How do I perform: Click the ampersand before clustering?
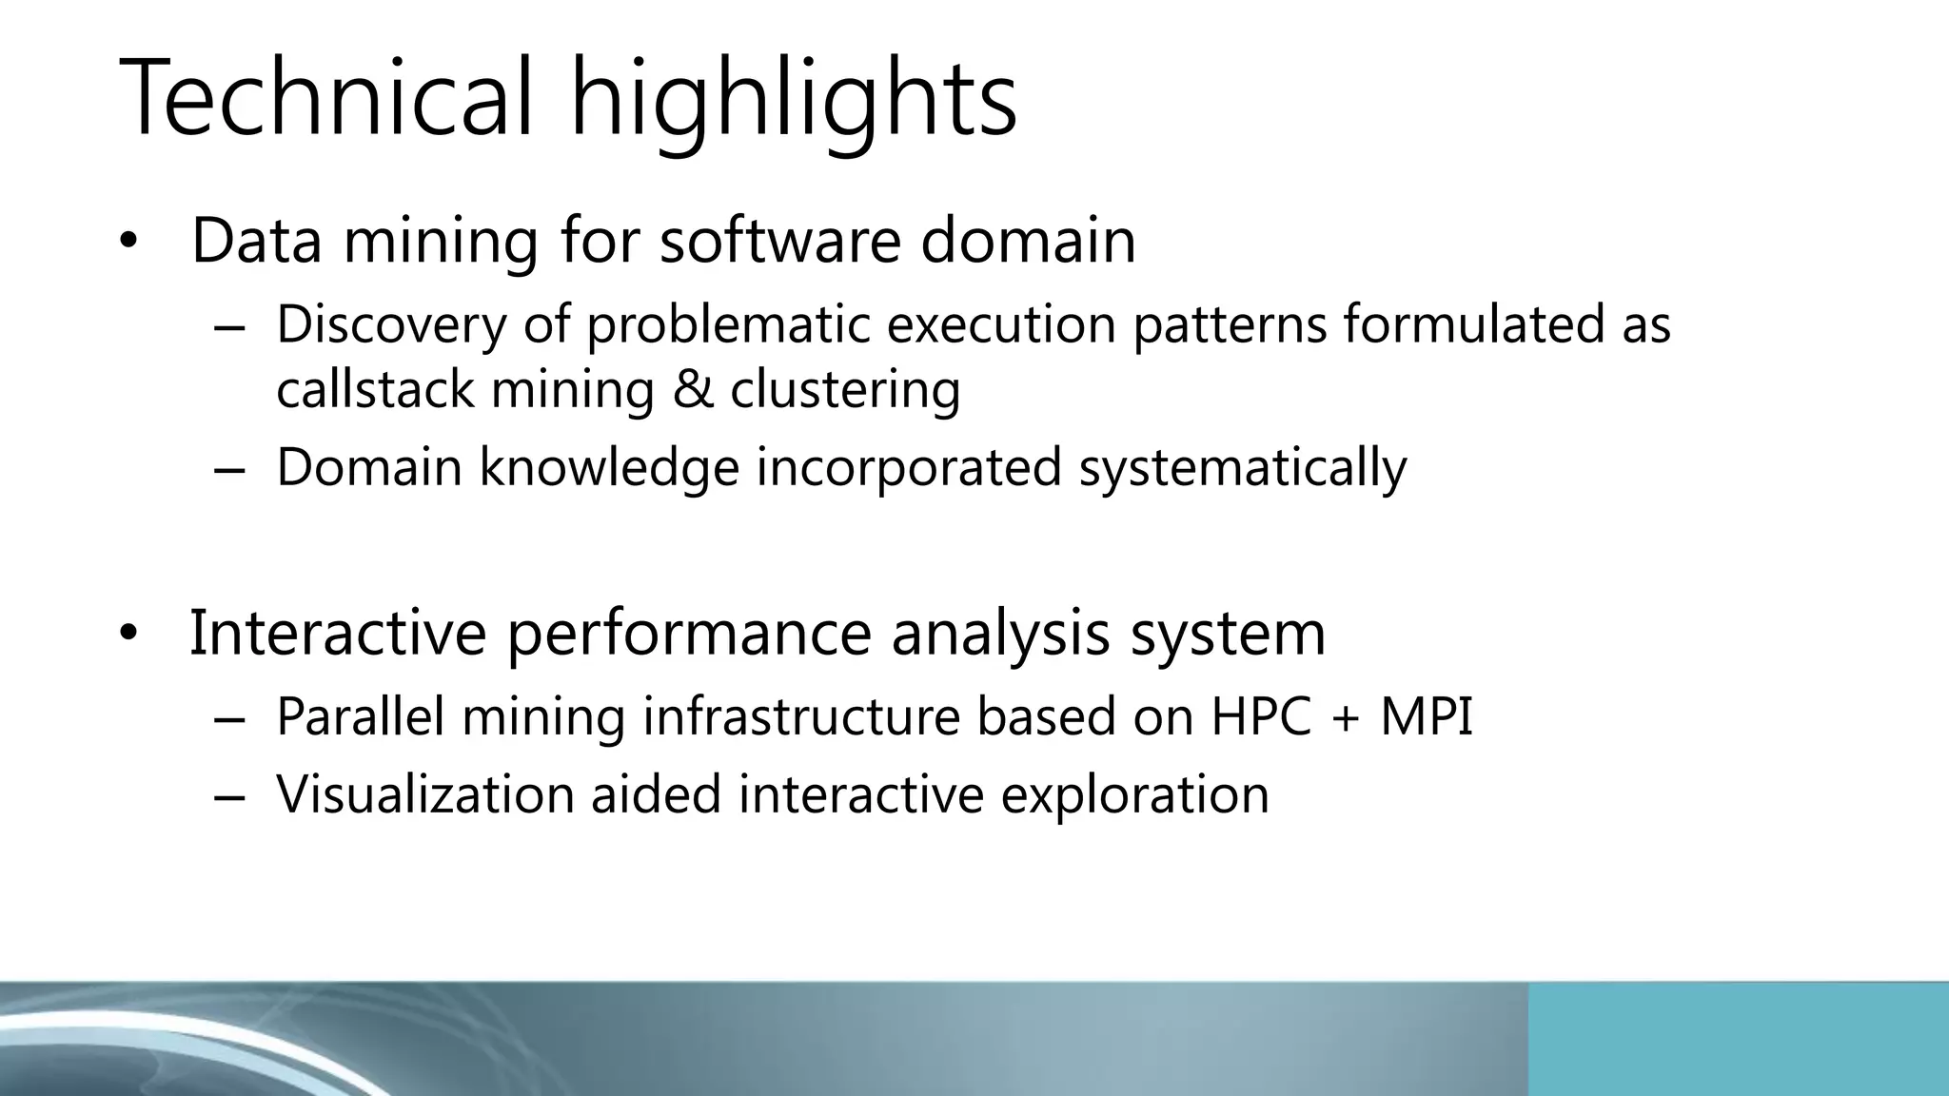[693, 390]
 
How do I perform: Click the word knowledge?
[609, 468]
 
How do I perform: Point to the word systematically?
[1242, 468]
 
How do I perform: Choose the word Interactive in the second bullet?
[338, 632]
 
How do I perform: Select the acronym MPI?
[1426, 716]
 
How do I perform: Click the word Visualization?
[424, 794]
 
